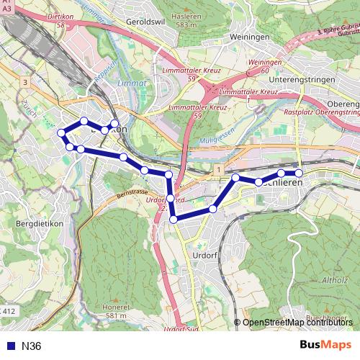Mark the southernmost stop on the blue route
[x=174, y=219]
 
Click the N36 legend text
[x=32, y=346]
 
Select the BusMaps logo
[x=325, y=345]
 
